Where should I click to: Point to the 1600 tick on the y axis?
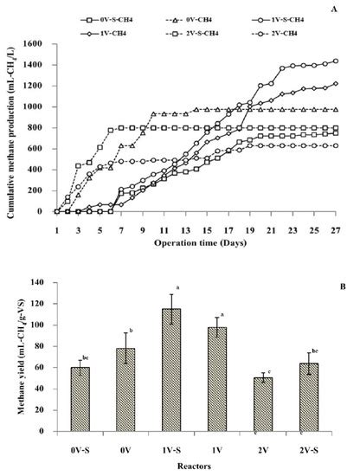click(x=33, y=43)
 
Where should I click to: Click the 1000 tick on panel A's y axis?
click(x=33, y=106)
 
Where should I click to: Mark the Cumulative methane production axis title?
click(x=10, y=127)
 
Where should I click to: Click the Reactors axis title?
click(x=189, y=465)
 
